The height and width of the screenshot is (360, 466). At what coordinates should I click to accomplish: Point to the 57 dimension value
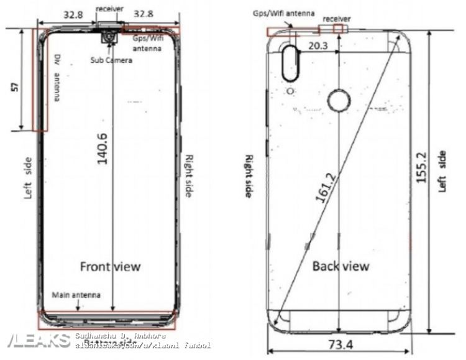pyautogui.click(x=15, y=87)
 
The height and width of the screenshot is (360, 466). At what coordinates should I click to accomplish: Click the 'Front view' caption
pyautogui.click(x=110, y=266)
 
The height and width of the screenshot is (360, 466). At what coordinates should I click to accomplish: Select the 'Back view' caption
pyautogui.click(x=340, y=265)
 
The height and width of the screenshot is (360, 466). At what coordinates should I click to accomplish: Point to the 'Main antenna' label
pyautogui.click(x=76, y=295)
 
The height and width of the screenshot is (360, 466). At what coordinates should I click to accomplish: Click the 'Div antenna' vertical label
pyautogui.click(x=58, y=78)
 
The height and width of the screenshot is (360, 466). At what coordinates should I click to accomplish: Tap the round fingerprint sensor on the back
pyautogui.click(x=339, y=101)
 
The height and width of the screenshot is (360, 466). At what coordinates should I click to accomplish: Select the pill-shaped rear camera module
pyautogui.click(x=291, y=62)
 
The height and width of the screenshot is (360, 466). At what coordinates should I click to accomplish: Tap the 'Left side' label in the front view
pyautogui.click(x=28, y=177)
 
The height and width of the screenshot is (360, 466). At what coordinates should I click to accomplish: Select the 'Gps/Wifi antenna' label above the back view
pyautogui.click(x=283, y=13)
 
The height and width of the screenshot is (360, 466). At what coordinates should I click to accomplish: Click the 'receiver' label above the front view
pyautogui.click(x=109, y=9)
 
